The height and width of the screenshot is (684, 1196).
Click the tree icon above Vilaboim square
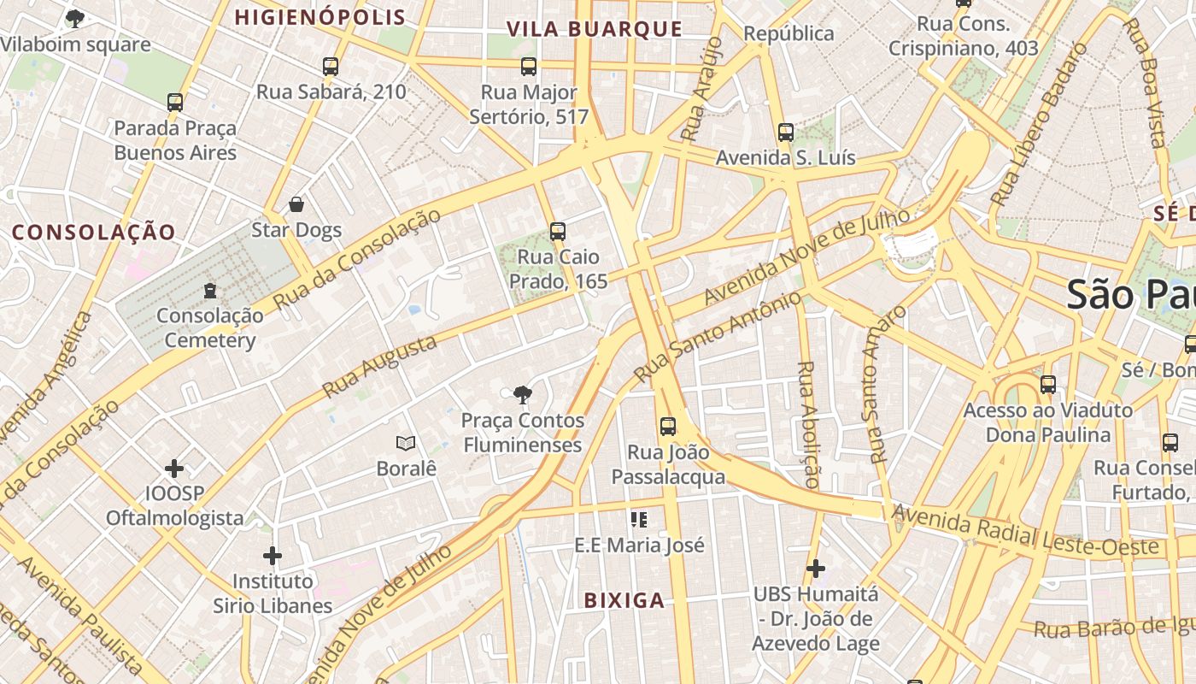(75, 17)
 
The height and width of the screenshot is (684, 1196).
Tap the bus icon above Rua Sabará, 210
(331, 66)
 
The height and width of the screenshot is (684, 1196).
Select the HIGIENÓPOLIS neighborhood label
(320, 17)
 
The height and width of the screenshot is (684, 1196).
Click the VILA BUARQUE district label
(595, 29)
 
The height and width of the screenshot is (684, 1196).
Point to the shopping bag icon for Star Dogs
(296, 204)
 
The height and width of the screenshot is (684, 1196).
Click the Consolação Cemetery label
(210, 328)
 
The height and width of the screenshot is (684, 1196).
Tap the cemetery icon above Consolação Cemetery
(210, 292)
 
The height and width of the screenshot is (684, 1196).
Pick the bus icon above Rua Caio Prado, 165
(558, 231)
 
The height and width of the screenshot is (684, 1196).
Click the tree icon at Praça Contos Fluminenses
(522, 394)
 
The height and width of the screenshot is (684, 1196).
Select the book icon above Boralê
(406, 443)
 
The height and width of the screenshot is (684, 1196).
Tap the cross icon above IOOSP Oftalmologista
(174, 469)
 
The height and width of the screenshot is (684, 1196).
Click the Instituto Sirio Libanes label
(273, 593)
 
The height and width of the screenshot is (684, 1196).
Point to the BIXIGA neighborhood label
(624, 600)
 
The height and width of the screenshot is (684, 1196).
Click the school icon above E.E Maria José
(638, 519)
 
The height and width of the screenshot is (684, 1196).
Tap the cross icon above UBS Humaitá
(816, 568)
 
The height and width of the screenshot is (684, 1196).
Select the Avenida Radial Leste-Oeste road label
(1025, 530)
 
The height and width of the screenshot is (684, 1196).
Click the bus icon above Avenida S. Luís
(786, 133)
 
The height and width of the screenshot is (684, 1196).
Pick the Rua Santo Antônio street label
(719, 338)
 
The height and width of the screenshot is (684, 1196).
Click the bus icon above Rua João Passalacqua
(668, 426)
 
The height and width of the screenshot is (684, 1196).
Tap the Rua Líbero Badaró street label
(1040, 124)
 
